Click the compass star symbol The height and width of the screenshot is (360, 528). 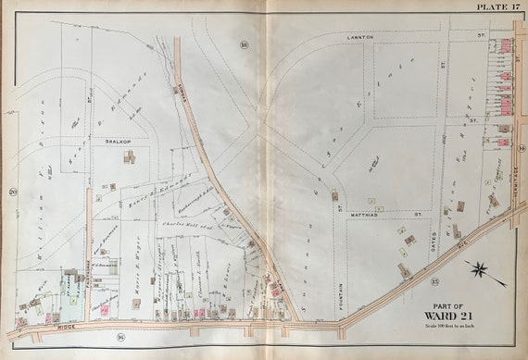480,271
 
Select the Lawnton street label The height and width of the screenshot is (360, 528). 359,36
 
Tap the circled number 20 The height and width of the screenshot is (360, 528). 13,192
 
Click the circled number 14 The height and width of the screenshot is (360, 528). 522,150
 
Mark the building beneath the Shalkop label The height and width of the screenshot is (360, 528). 129,157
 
